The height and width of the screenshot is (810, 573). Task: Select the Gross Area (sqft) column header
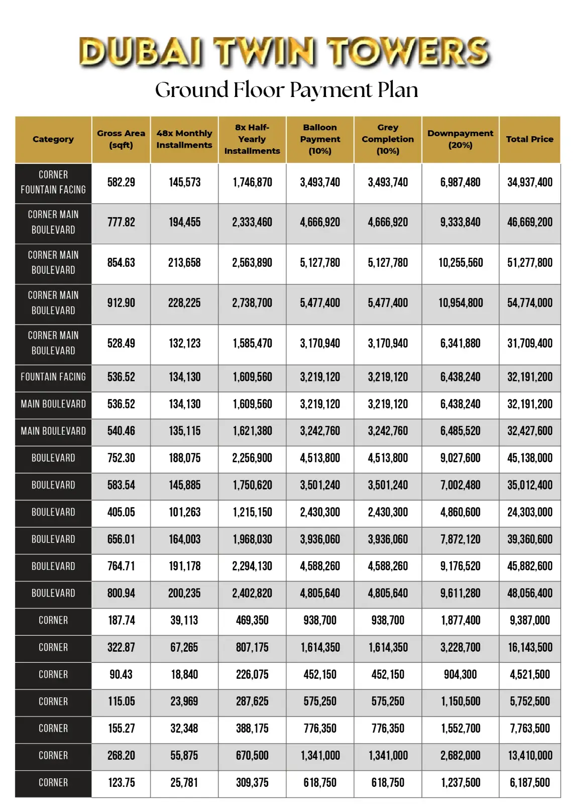pyautogui.click(x=121, y=139)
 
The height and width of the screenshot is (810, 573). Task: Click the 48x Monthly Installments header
pyautogui.click(x=184, y=139)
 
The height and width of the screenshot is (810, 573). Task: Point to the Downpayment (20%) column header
pyautogui.click(x=460, y=139)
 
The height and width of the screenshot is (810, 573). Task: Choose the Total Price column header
pyautogui.click(x=529, y=139)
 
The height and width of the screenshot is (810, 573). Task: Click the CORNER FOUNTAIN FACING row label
pyautogui.click(x=53, y=182)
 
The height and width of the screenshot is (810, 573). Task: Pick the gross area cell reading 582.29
pyautogui.click(x=121, y=182)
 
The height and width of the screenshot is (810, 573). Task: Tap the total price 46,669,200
pyautogui.click(x=529, y=222)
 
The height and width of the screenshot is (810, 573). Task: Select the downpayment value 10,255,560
pyautogui.click(x=460, y=263)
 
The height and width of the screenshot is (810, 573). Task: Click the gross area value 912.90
pyautogui.click(x=121, y=303)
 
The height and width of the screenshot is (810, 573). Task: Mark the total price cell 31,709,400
pyautogui.click(x=529, y=344)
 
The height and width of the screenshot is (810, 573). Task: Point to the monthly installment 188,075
pyautogui.click(x=184, y=458)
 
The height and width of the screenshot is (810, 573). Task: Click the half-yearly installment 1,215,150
pyautogui.click(x=252, y=513)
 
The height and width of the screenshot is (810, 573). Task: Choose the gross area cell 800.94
pyautogui.click(x=121, y=593)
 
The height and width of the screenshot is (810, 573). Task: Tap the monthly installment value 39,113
pyautogui.click(x=184, y=621)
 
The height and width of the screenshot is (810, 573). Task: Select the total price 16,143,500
pyautogui.click(x=529, y=648)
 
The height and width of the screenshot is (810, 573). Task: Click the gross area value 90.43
pyautogui.click(x=121, y=675)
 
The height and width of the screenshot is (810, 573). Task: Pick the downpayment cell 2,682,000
pyautogui.click(x=460, y=756)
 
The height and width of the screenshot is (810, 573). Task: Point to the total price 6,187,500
pyautogui.click(x=529, y=783)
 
